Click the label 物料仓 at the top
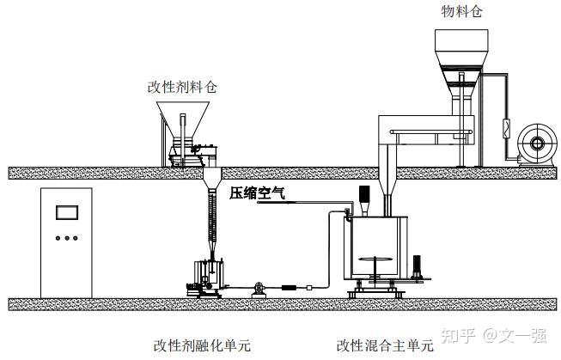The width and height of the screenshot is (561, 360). pos(460,12)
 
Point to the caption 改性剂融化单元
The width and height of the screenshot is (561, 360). pos(202,345)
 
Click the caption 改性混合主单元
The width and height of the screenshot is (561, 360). pos(386,345)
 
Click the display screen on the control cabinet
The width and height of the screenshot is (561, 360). pos(66,213)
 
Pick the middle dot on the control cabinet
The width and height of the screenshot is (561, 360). pos(66,239)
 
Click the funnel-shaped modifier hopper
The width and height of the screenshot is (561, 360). pos(184,120)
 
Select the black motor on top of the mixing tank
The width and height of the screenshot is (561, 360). pos(362,196)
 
